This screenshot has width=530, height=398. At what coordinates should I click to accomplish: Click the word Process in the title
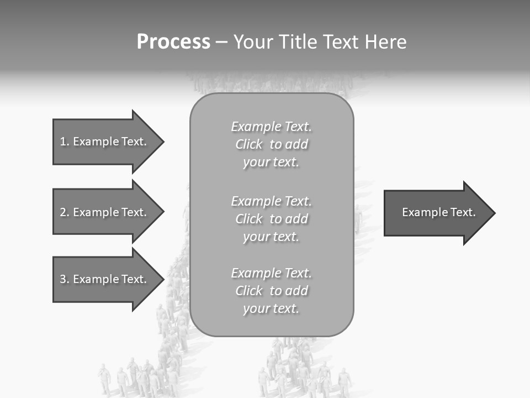(173, 42)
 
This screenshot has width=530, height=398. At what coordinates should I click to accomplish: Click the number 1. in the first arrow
(64, 142)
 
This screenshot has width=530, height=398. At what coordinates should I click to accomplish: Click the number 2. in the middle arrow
(64, 212)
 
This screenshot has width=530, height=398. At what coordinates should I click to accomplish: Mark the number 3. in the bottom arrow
(64, 279)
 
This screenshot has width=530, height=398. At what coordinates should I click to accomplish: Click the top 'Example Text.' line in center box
(271, 127)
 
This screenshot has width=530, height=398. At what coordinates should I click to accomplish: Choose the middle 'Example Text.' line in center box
(271, 201)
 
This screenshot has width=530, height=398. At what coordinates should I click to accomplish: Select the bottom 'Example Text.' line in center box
(271, 273)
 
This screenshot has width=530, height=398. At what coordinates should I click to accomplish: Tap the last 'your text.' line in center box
(271, 308)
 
